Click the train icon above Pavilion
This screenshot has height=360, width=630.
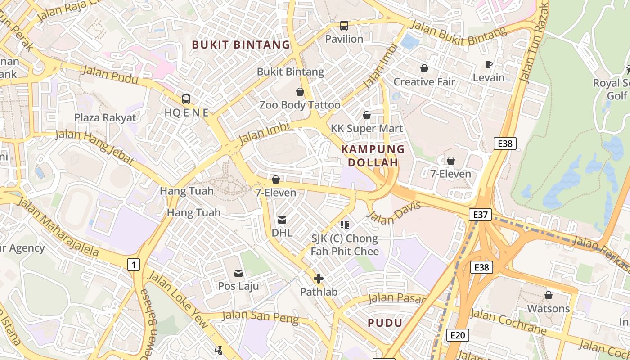point(344,26)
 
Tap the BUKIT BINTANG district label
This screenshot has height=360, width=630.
point(241,45)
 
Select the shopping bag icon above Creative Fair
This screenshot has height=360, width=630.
point(424,68)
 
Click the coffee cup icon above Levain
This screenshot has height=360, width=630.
point(489,65)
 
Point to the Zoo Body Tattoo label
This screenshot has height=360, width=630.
point(300,105)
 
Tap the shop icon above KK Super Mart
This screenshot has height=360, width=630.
point(367,115)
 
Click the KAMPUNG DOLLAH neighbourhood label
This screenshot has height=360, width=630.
point(373,156)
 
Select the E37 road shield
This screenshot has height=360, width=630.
point(480,215)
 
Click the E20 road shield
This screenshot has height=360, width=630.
point(458,335)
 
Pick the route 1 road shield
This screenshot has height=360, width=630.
point(133,265)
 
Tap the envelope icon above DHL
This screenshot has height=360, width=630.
point(282,220)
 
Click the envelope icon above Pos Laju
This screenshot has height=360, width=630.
point(238,273)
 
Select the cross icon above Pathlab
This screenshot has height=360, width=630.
point(319,279)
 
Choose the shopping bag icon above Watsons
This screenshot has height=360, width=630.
point(548,296)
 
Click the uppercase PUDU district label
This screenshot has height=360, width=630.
point(385,323)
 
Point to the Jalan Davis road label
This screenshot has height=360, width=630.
point(393,213)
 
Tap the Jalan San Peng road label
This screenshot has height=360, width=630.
point(260,317)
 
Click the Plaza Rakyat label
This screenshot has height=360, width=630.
point(105,118)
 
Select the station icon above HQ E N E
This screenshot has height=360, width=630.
point(186,99)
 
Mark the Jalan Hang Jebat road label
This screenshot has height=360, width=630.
point(95,147)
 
